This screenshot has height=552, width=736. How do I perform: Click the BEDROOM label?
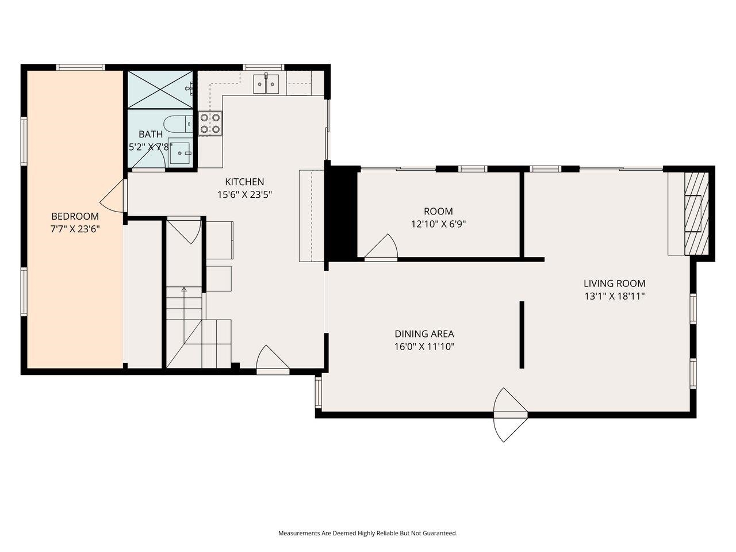click(x=75, y=216)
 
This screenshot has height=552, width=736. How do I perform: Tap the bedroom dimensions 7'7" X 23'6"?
click(x=75, y=229)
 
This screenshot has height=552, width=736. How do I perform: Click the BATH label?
click(x=150, y=134)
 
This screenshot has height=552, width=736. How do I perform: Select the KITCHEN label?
click(x=244, y=182)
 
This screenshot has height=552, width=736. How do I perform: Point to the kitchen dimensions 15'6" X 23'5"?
click(x=244, y=194)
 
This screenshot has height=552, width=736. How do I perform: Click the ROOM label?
click(x=438, y=211)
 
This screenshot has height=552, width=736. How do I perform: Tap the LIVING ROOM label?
click(x=614, y=283)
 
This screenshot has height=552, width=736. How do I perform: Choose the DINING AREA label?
click(x=424, y=333)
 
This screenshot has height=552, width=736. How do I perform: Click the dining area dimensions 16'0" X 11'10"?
click(x=424, y=346)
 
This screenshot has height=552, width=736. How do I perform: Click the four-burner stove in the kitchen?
click(x=210, y=123)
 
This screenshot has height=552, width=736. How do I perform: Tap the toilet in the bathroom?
click(x=178, y=123)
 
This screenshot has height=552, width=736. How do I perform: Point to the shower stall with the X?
click(x=160, y=89)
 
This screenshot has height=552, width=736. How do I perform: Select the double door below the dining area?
click(x=511, y=415)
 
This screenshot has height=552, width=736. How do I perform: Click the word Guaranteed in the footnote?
click(x=437, y=533)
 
